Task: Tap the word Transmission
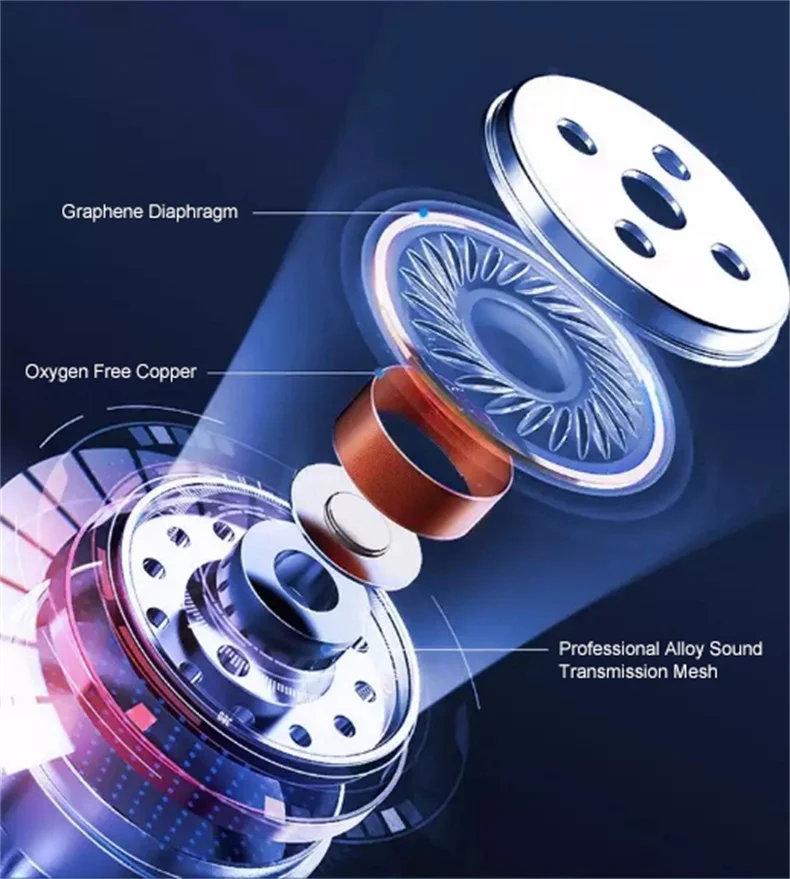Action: coord(614,671)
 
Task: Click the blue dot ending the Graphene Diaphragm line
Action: coord(424,212)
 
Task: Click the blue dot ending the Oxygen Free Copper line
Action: coord(377,371)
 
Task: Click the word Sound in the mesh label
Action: coord(739,648)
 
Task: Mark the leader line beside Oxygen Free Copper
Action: coord(290,371)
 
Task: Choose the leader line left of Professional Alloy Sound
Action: coord(480,648)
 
